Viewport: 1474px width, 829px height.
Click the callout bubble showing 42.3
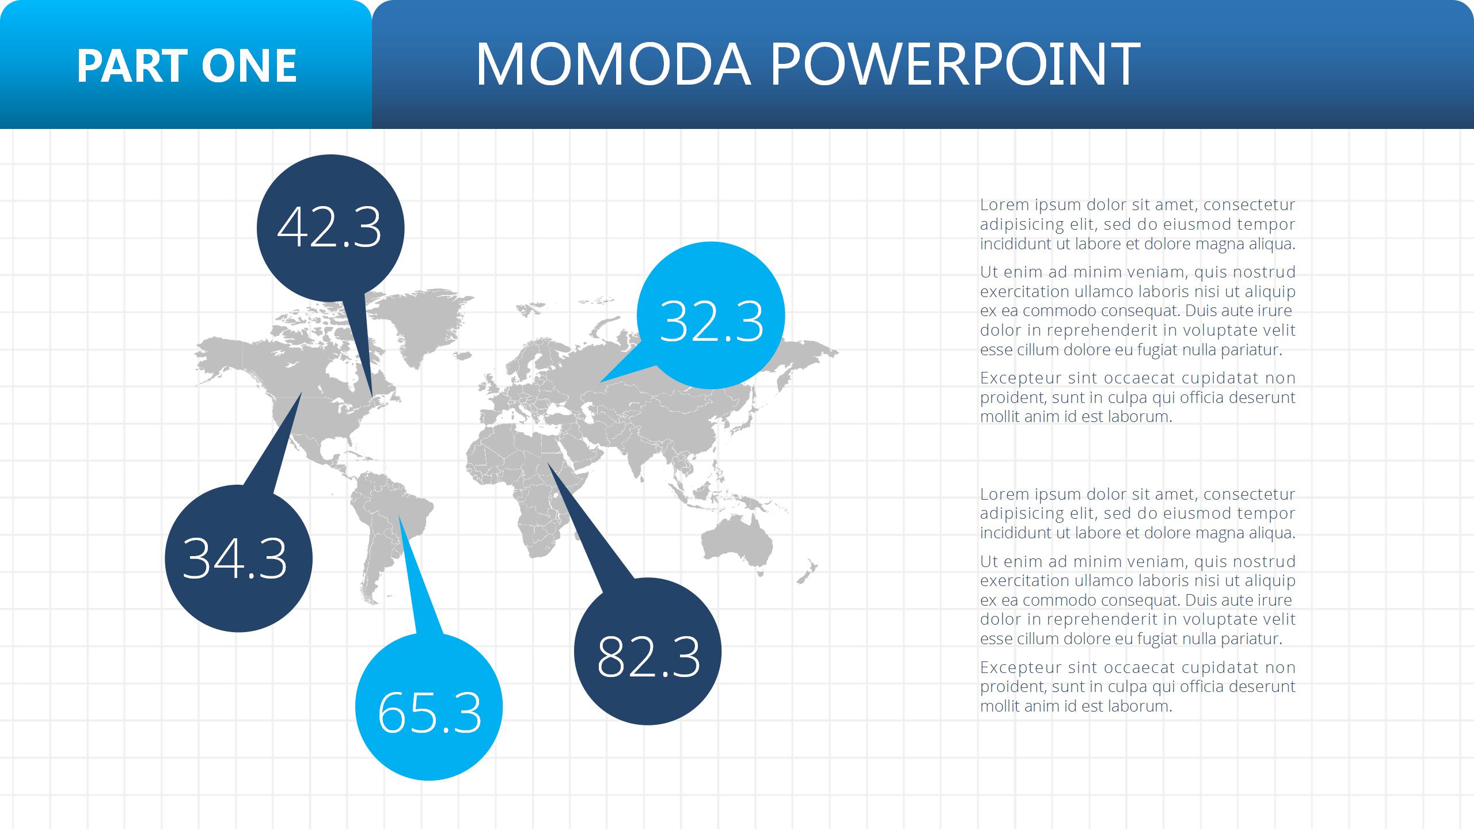pyautogui.click(x=330, y=229)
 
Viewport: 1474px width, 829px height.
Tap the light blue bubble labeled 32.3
pyautogui.click(x=711, y=315)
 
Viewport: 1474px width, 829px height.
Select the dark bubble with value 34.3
pyautogui.click(x=238, y=558)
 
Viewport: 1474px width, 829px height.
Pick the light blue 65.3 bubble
pyautogui.click(x=429, y=707)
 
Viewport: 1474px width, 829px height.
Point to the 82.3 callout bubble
pyautogui.click(x=648, y=651)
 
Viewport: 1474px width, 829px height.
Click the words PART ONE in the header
pyautogui.click(x=187, y=66)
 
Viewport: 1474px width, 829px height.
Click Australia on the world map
pyautogui.click(x=736, y=543)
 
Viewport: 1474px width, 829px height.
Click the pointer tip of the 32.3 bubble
pyautogui.click(x=599, y=382)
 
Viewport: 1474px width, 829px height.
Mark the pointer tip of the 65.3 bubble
pyautogui.click(x=398, y=515)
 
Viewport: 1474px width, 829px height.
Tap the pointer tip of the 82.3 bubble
pyautogui.click(x=547, y=462)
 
